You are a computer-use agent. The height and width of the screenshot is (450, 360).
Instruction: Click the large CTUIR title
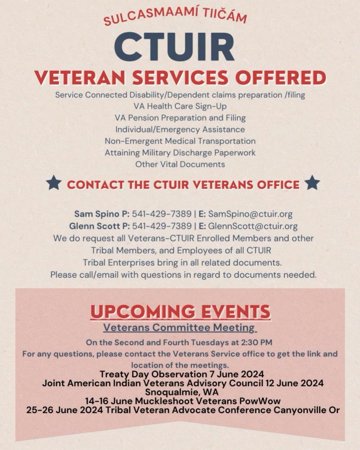(174, 46)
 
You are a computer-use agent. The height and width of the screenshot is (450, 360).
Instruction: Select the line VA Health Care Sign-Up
(180, 107)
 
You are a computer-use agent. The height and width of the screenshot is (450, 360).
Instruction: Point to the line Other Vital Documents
(180, 164)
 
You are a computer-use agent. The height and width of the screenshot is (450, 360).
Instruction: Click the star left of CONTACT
(54, 183)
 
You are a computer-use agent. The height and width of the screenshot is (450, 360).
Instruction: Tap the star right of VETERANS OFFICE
(312, 183)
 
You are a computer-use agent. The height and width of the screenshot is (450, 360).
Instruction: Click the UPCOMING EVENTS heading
(180, 311)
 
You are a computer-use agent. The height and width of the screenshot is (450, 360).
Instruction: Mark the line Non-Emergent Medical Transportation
(180, 141)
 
